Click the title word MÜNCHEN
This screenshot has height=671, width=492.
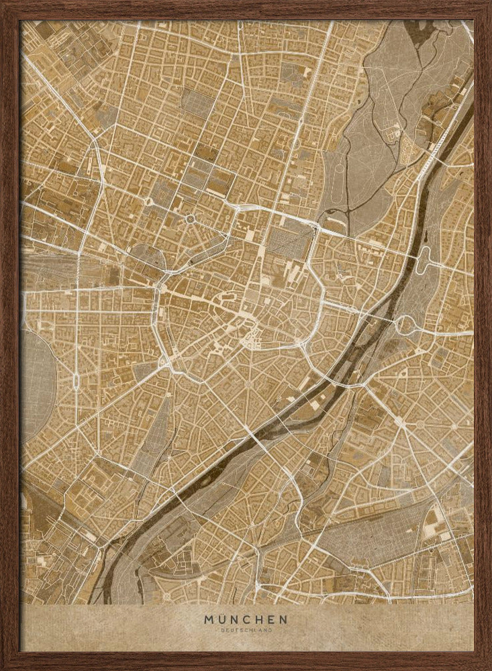[246, 619]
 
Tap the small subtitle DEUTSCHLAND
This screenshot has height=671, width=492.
[246, 631]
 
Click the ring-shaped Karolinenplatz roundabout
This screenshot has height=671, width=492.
[190, 219]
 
